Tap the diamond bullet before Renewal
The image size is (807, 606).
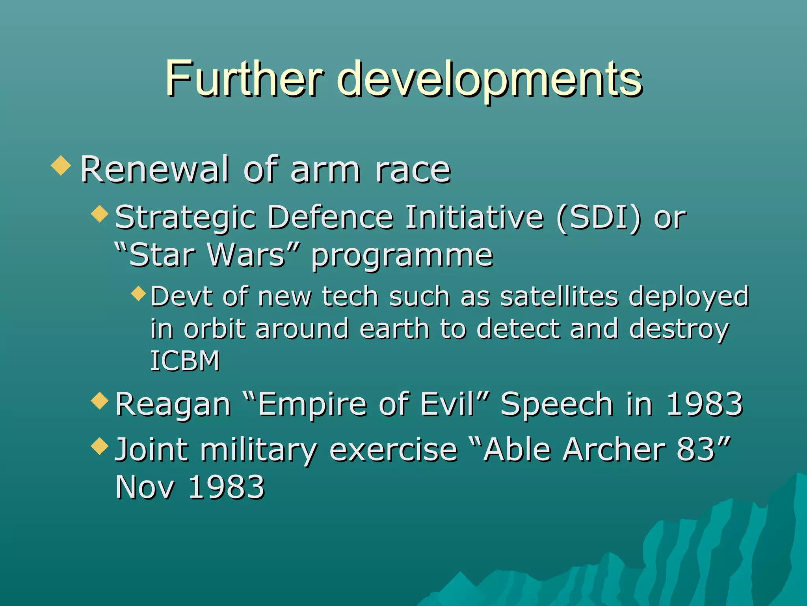(61, 165)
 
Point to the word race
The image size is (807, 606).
(413, 170)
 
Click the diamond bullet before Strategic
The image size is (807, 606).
(99, 213)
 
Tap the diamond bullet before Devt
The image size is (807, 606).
(138, 293)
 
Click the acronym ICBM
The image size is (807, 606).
(185, 361)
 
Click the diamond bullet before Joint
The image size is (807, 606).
(99, 445)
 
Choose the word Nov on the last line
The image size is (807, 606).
(145, 487)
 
